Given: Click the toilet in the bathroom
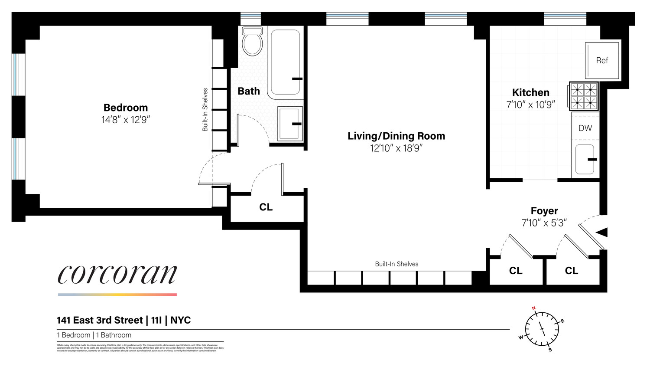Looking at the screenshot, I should [252, 42].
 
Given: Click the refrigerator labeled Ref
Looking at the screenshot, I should [602, 60].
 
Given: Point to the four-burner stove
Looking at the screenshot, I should [583, 96].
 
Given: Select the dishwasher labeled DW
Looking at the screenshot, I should [585, 128].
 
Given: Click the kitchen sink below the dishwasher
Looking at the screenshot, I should [585, 159].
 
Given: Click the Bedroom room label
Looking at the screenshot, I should [126, 108].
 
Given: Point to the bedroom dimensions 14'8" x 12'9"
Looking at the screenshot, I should [126, 120].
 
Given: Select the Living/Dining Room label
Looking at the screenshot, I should [396, 136].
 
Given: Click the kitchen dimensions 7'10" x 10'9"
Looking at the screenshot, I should [530, 105].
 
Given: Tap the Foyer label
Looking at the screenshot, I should [544, 211].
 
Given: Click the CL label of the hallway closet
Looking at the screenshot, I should [266, 207].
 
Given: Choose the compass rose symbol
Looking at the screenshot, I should [542, 329].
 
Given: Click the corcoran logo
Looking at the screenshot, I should [117, 274].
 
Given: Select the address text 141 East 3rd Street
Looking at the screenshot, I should [100, 320].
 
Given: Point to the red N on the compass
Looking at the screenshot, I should [534, 308].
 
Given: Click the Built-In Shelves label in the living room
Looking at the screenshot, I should [396, 264].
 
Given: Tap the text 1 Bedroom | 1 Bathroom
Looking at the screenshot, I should [94, 335].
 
